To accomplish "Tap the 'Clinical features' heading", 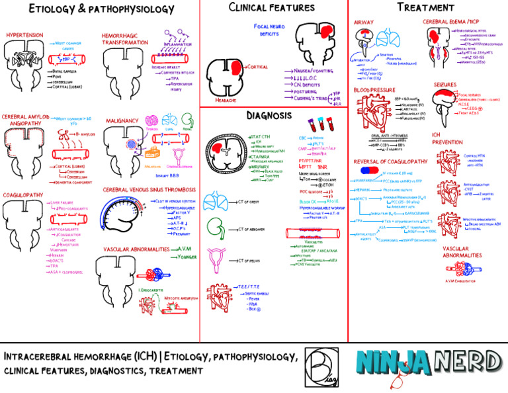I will pos(271,8).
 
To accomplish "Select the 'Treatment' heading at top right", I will pos(423,7).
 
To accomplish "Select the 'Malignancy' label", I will pos(121,120).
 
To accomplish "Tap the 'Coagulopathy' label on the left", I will pos(24,195).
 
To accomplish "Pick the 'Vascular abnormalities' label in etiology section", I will pos(137,249).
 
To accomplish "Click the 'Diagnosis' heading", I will pos(269,115).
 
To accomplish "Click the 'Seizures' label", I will pos(445,85).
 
